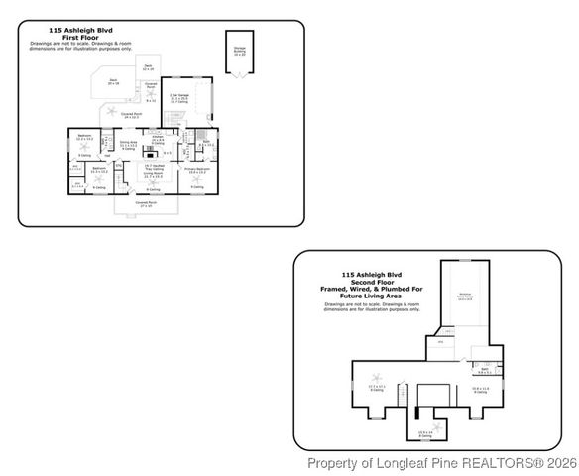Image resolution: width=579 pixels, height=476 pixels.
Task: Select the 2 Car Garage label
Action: (180, 98)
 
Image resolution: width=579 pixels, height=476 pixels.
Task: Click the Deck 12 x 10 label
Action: (148, 67)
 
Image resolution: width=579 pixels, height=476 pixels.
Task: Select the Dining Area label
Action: (128, 144)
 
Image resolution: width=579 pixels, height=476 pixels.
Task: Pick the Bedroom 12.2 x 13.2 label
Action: (85, 137)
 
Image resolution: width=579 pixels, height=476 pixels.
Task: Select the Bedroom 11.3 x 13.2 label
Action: (99, 170)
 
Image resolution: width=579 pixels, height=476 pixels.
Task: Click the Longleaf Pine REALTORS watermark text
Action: (441, 463)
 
